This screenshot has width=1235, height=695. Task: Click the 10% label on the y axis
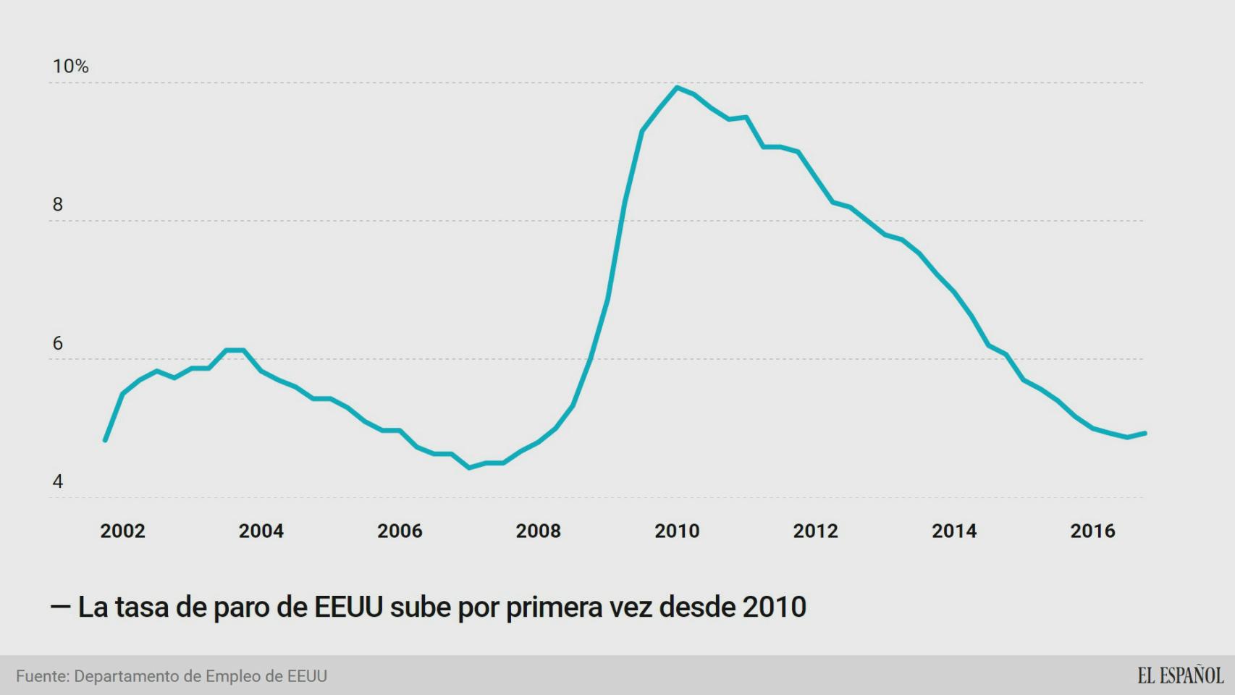pos(70,67)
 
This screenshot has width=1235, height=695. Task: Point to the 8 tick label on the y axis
pos(58,205)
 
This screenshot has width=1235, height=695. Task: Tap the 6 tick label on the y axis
pos(58,343)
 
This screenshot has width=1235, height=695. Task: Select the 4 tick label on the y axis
pos(58,481)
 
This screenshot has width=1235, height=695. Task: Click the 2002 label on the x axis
pos(122,531)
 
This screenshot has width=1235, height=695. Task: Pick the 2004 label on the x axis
pos(261,531)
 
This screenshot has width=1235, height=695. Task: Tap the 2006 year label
pos(400,531)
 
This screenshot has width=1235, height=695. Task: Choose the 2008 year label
pos(538,531)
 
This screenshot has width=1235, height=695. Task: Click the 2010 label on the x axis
pos(677,531)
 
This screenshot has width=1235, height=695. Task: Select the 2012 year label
pos(815,531)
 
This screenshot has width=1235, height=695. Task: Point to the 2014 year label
pos(954,531)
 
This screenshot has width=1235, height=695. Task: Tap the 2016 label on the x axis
pos(1092,531)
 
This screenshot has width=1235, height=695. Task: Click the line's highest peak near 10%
pos(677,88)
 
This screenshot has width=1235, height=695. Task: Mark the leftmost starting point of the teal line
pos(105,440)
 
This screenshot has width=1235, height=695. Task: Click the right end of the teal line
pos(1145,433)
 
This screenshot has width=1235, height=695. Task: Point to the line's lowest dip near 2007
pos(469,468)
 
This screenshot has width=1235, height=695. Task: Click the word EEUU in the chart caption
pos(348,607)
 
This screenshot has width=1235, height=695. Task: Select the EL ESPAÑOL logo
pos(1180,675)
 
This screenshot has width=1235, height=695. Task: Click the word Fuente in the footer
pos(42,676)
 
